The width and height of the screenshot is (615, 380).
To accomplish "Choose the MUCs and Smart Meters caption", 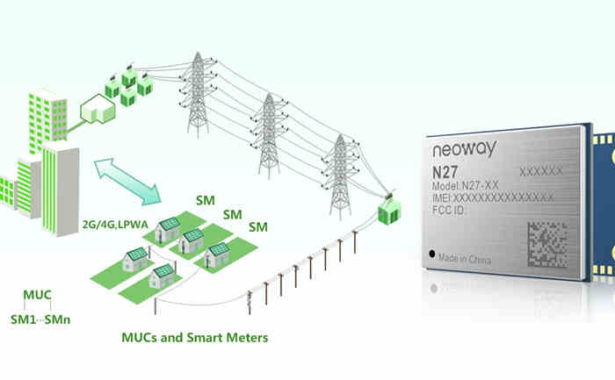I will (x=193, y=337).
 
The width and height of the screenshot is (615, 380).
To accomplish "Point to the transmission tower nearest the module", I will (x=337, y=175).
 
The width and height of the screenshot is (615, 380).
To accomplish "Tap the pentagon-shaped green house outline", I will (x=96, y=109).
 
